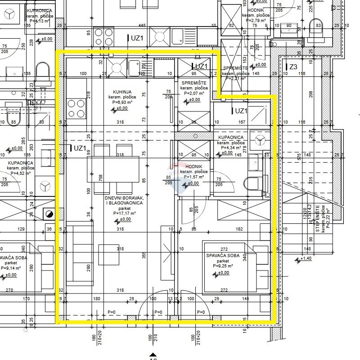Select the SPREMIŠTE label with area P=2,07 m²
pyautogui.click(x=193, y=84)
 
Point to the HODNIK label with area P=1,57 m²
pyautogui.click(x=193, y=167)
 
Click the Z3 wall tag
pyautogui.click(x=293, y=67)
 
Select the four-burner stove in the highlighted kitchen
pyautogui.click(x=76, y=108)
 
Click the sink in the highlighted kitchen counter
pyautogui.click(x=134, y=68)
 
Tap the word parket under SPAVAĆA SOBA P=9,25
pyautogui.click(x=222, y=261)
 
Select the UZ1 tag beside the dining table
pyautogui.click(x=80, y=148)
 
